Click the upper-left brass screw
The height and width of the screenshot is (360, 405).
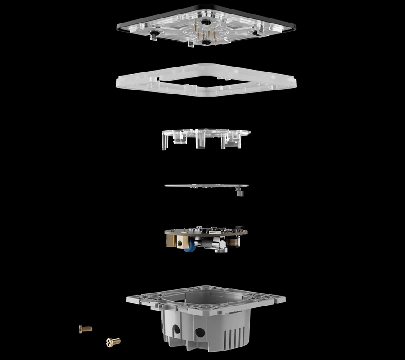point(85,329)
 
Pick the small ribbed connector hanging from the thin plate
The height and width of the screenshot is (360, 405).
point(239,193)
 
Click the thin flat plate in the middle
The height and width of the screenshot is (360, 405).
point(202,185)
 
